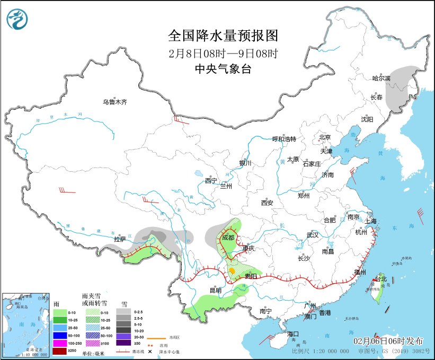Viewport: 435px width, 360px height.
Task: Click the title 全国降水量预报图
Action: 223,36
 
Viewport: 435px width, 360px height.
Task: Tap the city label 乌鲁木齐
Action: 115,102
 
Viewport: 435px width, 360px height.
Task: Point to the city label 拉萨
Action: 120,239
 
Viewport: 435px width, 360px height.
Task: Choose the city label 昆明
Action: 215,290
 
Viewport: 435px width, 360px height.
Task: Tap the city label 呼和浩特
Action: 284,139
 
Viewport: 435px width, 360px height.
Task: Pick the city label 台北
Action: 382,279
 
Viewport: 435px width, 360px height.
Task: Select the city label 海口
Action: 294,334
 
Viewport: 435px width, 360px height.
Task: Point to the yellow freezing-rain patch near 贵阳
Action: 232,271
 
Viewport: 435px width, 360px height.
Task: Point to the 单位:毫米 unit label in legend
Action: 96,352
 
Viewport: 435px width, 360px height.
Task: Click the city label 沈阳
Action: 367,119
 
